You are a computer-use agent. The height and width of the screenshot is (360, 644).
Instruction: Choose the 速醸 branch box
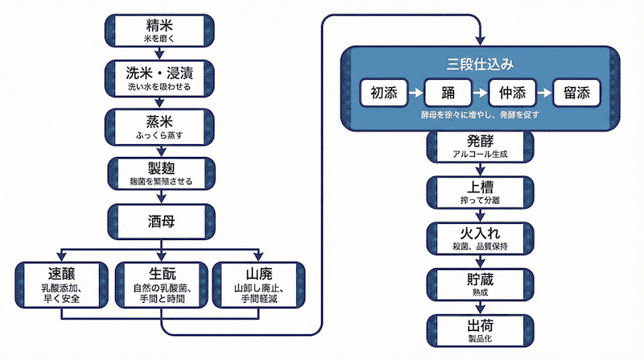pyautogui.click(x=60, y=283)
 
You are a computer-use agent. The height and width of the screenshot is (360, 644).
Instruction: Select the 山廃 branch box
pyautogui.click(x=258, y=283)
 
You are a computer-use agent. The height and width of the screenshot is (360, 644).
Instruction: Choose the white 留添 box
pyautogui.click(x=577, y=93)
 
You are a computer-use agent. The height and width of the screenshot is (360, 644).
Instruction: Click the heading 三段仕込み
pyautogui.click(x=480, y=62)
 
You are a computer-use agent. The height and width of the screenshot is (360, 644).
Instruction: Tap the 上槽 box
pyautogui.click(x=480, y=192)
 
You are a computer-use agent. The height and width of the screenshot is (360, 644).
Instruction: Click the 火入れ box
pyautogui.click(x=480, y=238)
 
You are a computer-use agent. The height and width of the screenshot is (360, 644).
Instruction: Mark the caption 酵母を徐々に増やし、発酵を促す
pyautogui.click(x=480, y=115)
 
